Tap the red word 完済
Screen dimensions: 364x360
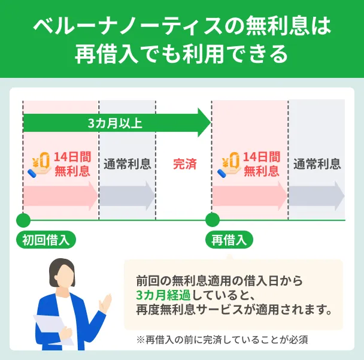(x=185, y=164)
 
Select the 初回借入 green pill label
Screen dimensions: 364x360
(x=46, y=240)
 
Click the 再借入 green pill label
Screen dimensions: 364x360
(x=229, y=240)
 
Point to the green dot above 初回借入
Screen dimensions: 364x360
(x=23, y=220)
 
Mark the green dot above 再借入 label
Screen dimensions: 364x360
(x=213, y=220)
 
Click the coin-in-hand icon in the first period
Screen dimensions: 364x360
(x=40, y=165)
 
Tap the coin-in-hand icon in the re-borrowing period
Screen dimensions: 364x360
(x=229, y=165)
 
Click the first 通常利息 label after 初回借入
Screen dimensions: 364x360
(x=127, y=164)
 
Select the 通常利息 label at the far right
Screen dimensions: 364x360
(x=317, y=164)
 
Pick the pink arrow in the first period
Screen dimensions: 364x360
(x=60, y=196)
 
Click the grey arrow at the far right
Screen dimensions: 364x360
(x=317, y=196)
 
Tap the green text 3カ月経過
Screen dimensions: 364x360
(x=163, y=295)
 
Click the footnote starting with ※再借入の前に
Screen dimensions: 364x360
(x=222, y=340)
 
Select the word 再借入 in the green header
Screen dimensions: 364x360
(x=107, y=55)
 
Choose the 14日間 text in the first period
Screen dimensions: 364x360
(x=72, y=157)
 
